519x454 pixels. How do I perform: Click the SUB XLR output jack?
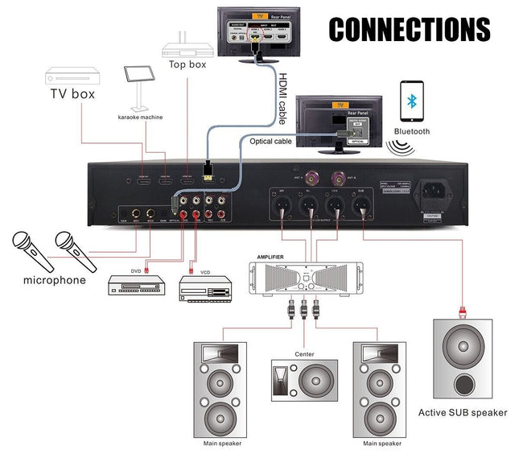(364, 205)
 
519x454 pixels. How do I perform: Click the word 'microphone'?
(54, 280)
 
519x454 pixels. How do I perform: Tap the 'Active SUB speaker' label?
(463, 413)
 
